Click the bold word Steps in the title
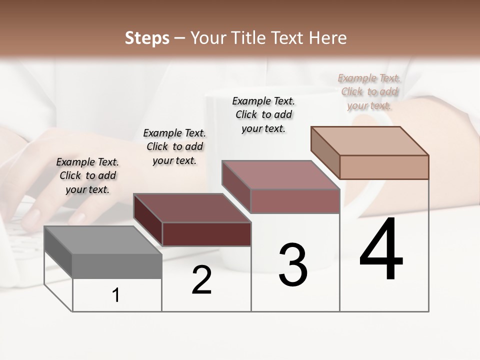147,38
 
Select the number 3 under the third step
292,265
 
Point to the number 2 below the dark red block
201,280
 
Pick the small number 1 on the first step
116,295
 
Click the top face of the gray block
102,239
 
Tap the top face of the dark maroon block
191,207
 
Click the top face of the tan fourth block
369,140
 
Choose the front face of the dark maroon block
206,234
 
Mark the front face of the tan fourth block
384,167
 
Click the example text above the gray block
87,175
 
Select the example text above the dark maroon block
174,146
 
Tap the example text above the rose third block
263,114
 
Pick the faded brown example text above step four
369,91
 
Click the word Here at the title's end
328,38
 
